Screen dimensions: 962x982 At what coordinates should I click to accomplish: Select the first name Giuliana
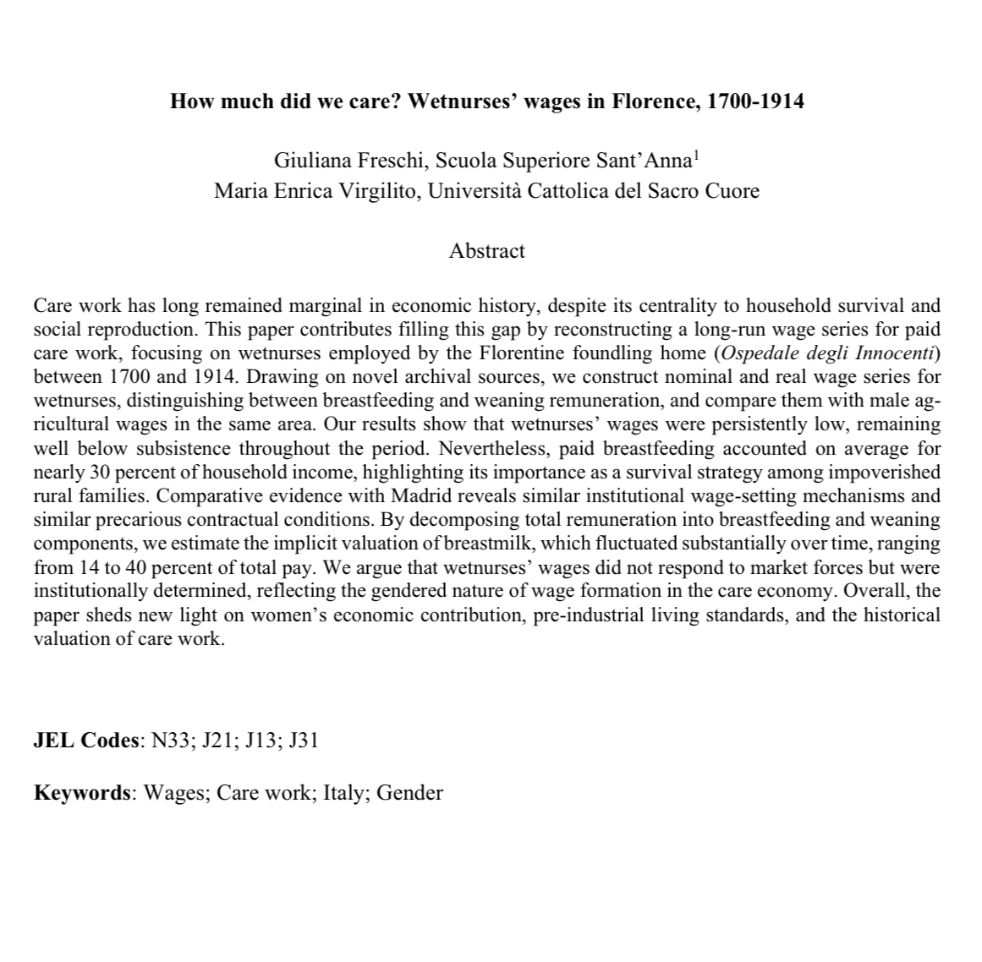point(308,161)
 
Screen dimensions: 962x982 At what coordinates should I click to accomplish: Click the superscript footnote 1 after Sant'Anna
point(695,155)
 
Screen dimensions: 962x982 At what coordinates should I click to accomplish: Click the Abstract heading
point(487,251)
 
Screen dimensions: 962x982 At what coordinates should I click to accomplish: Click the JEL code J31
point(304,741)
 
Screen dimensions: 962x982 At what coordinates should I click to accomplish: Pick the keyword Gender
point(409,793)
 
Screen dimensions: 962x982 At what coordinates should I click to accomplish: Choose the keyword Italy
point(343,793)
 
